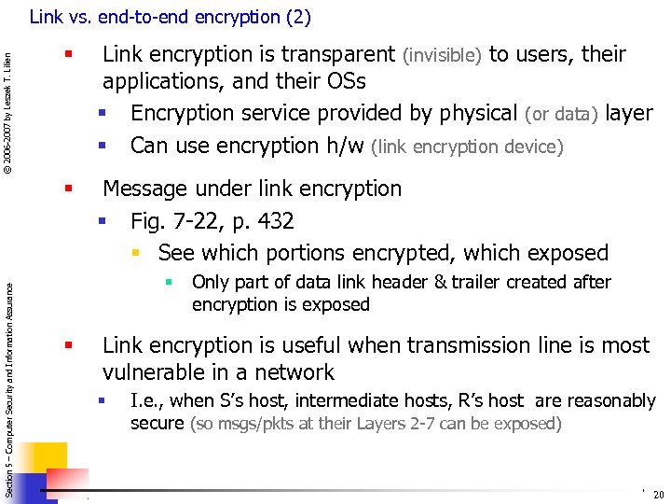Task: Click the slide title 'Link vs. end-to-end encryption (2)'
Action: (170, 17)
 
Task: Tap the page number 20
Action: (659, 495)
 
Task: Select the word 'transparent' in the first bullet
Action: (340, 54)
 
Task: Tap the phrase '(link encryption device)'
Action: (467, 147)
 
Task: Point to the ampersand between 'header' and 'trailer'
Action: (437, 282)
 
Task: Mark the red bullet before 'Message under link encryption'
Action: (68, 189)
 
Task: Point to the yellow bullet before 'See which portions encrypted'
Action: (135, 254)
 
